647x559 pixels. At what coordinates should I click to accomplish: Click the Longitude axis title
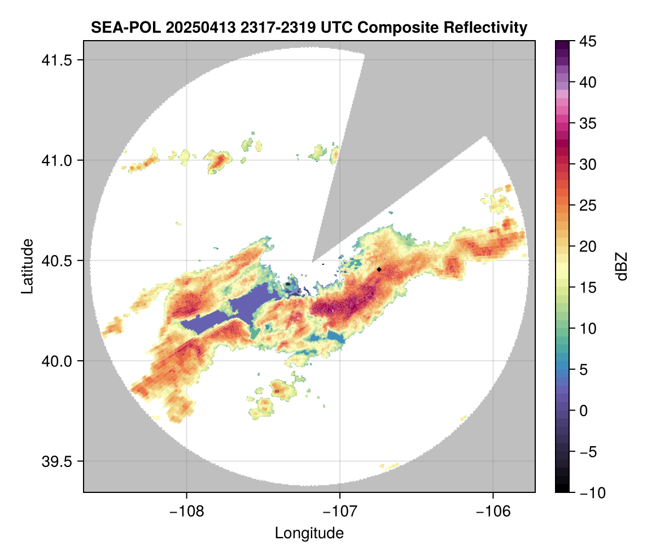309,533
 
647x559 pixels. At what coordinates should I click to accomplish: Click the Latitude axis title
27,266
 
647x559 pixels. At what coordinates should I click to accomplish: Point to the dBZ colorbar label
622,267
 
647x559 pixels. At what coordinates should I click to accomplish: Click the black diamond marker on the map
379,269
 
